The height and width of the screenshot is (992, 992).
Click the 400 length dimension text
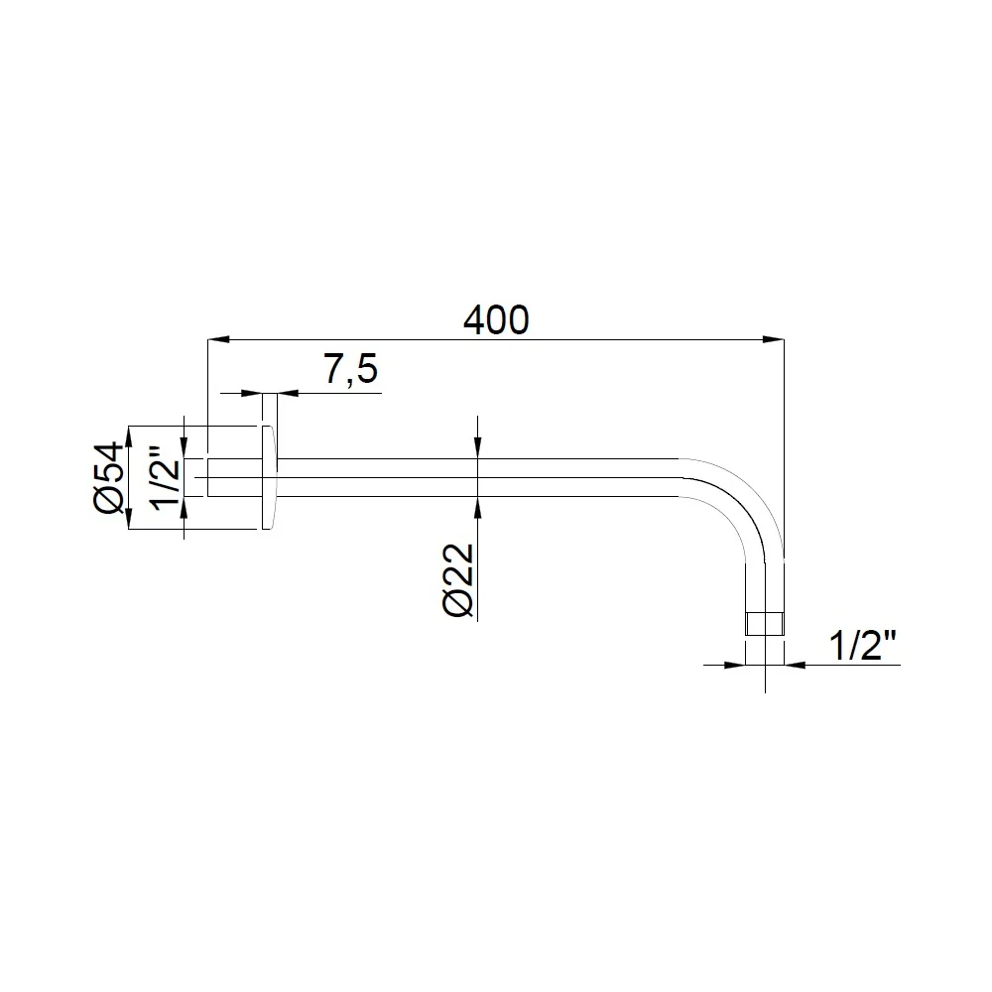(x=496, y=320)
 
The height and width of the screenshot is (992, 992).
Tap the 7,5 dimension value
(x=351, y=369)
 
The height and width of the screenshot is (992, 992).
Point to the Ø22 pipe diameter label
(x=458, y=579)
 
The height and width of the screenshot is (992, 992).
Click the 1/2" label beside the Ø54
(x=166, y=479)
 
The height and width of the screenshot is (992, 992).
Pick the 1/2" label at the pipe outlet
(x=863, y=646)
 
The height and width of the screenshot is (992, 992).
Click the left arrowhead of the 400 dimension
(x=217, y=340)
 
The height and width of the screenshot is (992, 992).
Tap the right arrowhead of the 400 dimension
(x=774, y=340)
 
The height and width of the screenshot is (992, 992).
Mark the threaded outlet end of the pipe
(x=765, y=624)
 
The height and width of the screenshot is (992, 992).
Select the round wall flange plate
(x=269, y=478)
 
